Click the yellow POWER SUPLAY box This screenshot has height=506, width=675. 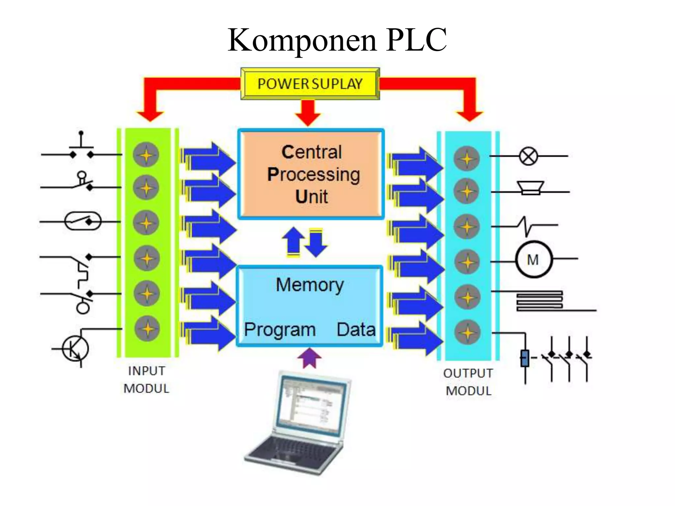[x=310, y=84]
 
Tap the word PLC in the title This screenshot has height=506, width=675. [x=416, y=40]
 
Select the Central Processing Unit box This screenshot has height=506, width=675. [x=311, y=174]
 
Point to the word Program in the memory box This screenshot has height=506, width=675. [x=280, y=330]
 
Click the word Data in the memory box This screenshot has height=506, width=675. [x=356, y=330]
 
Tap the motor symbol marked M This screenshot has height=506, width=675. [x=533, y=260]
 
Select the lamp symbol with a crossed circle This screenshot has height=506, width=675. [x=528, y=156]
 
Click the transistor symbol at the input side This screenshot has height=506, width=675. [x=75, y=349]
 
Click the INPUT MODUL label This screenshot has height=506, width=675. [x=146, y=380]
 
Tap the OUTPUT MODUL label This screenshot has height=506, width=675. [x=468, y=382]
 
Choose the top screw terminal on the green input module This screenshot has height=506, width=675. [x=146, y=155]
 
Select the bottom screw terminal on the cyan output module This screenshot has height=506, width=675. [x=467, y=332]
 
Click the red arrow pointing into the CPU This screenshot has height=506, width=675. [x=308, y=113]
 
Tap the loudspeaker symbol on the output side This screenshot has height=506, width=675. [x=530, y=188]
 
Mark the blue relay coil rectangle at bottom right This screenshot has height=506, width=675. [x=525, y=358]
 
